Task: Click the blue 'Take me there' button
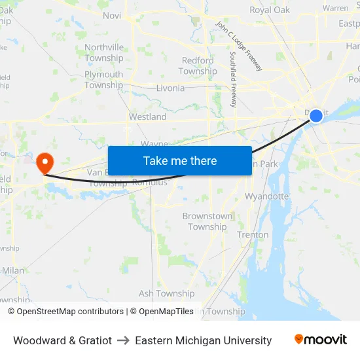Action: pyautogui.click(x=179, y=160)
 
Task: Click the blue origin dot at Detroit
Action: pyautogui.click(x=315, y=116)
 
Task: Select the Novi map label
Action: pyautogui.click(x=112, y=16)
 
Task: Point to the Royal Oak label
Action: pyautogui.click(x=269, y=10)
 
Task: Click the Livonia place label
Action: pyautogui.click(x=170, y=88)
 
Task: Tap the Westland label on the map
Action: pyautogui.click(x=147, y=117)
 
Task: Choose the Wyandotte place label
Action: pyautogui.click(x=266, y=196)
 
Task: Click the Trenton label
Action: pyautogui.click(x=253, y=234)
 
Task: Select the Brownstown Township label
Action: pyautogui.click(x=207, y=221)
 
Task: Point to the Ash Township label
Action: pyautogui.click(x=166, y=294)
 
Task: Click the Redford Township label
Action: pyautogui.click(x=198, y=65)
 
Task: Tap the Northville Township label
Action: pyautogui.click(x=103, y=52)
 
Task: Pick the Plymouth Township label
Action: pyautogui.click(x=103, y=80)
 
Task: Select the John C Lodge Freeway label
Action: pyautogui.click(x=238, y=46)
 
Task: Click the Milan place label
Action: pyautogui.click(x=13, y=270)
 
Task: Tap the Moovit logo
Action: pyautogui.click(x=321, y=340)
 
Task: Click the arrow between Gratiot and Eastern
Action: pyautogui.click(x=123, y=340)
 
